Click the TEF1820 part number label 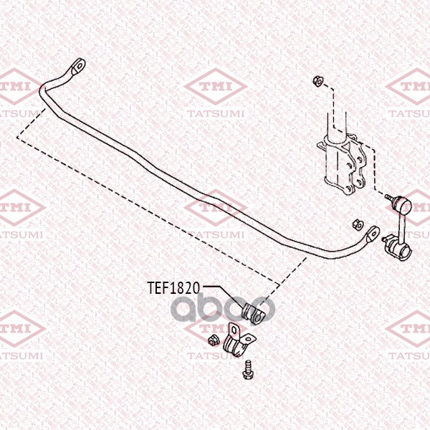[173, 287]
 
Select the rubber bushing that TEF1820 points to [254, 313]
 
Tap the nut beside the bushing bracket [213, 340]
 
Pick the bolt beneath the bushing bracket [248, 370]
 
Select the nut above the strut [318, 80]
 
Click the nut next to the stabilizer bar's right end [358, 224]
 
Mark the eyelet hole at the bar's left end [80, 66]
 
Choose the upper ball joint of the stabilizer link [403, 205]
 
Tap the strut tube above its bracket [337, 123]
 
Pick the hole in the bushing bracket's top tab [234, 330]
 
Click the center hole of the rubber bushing [259, 318]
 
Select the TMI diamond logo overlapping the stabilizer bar [216, 208]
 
